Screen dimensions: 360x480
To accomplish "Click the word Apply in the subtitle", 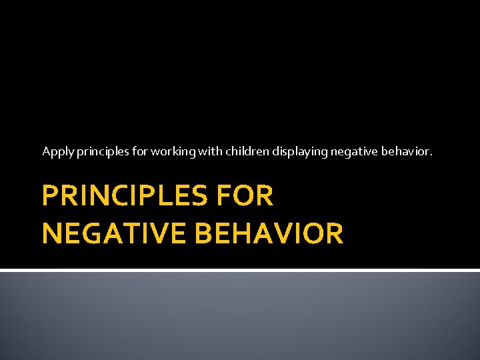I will tap(57, 152).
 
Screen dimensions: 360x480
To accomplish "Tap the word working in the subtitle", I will tap(172, 152).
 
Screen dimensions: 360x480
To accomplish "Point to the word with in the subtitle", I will tap(208, 151).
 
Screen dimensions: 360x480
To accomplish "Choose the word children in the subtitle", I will tap(246, 151).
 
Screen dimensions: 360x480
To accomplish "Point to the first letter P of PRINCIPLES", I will tap(50, 197).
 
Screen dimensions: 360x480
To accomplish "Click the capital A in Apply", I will tap(46, 151).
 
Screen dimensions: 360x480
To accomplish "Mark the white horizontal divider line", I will tap(240, 270).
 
